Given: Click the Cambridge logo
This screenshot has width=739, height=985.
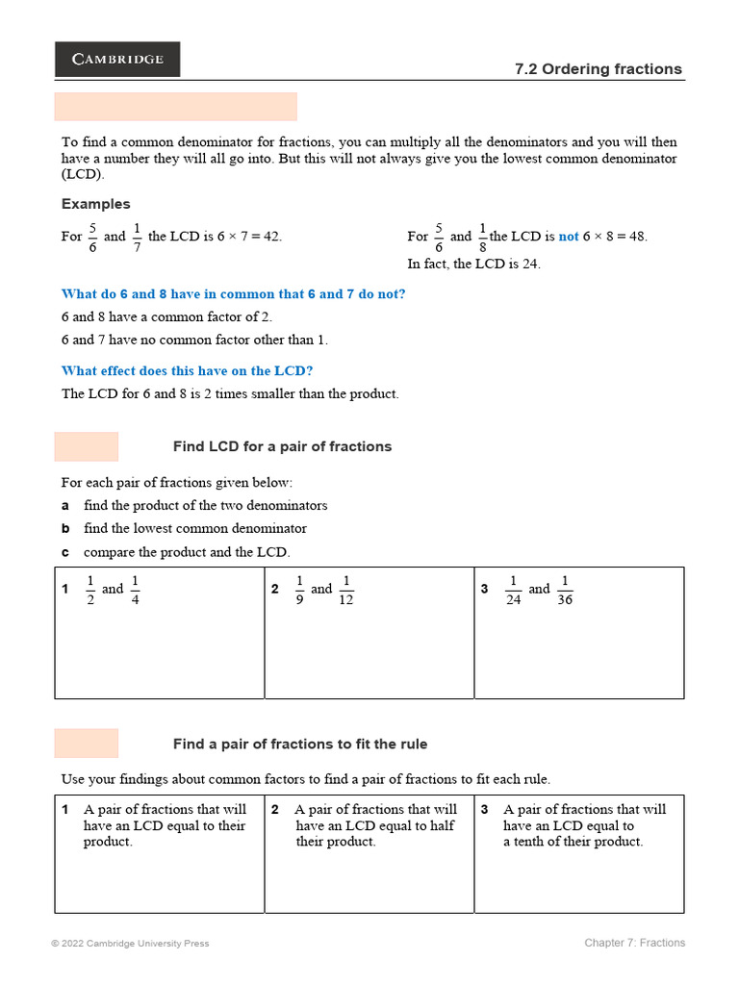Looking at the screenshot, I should [117, 59].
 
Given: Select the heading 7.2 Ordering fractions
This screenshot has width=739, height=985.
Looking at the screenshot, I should [599, 69].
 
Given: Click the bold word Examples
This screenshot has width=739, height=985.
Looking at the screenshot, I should [95, 204].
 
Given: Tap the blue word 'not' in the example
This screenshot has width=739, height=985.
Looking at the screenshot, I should [569, 237].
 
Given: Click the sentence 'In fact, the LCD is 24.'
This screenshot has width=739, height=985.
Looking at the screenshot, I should [473, 265].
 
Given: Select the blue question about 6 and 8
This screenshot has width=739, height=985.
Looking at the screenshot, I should [233, 294].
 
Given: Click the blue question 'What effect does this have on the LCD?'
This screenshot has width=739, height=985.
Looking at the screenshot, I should [187, 370].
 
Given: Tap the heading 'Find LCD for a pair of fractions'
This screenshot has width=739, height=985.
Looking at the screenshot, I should [282, 446].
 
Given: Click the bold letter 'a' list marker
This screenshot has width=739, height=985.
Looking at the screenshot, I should [65, 506].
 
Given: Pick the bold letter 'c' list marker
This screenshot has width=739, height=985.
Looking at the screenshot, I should [65, 552].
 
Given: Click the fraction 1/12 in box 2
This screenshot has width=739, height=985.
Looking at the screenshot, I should [347, 590].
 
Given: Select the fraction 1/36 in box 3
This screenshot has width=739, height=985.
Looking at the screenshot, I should [565, 590].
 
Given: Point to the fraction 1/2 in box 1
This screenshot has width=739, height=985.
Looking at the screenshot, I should [90, 590].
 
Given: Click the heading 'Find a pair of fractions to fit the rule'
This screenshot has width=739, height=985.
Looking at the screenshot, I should [300, 744].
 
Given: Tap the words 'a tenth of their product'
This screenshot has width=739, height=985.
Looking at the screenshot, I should [573, 842].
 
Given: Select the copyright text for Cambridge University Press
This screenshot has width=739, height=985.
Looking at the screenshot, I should [130, 944].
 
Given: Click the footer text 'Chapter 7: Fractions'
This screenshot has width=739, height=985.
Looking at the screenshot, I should [634, 943].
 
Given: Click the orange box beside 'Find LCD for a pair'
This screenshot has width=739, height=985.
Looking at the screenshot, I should [87, 446].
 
